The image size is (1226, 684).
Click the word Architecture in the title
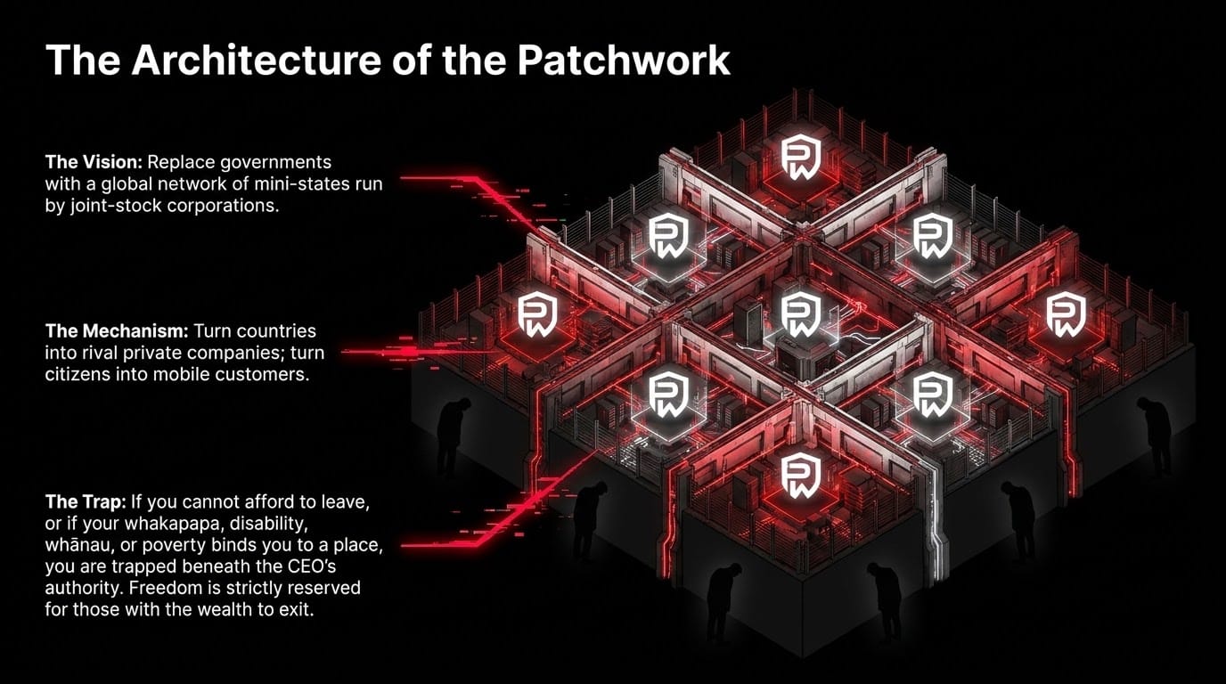(256, 60)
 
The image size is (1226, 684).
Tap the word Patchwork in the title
(624, 60)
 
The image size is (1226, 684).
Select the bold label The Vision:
(94, 162)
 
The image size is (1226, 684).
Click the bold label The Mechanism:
(117, 331)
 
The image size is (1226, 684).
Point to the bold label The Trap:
(86, 501)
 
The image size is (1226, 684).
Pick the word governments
(276, 163)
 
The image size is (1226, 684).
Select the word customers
(262, 375)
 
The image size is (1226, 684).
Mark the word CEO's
(312, 566)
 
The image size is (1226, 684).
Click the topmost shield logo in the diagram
(801, 157)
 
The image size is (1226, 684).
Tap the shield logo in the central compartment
(801, 314)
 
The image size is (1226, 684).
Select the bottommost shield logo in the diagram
(801, 475)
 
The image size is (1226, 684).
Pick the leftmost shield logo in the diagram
(537, 314)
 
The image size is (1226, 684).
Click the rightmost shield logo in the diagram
(1067, 314)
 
